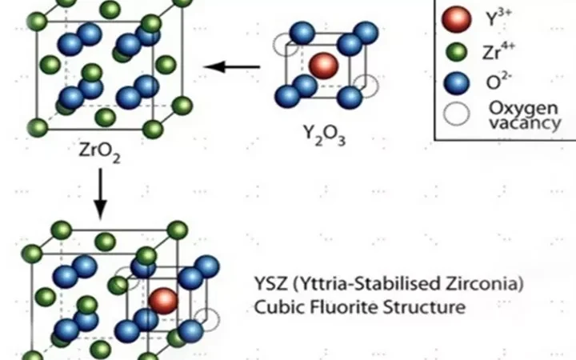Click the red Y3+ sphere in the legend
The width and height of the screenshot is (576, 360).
(456, 18)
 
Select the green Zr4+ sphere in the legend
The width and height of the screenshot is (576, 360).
(456, 52)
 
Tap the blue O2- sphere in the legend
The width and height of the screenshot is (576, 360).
(456, 83)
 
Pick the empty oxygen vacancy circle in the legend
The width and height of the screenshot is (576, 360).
(456, 114)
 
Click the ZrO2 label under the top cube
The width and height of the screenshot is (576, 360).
(99, 152)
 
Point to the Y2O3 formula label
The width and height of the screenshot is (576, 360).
(324, 135)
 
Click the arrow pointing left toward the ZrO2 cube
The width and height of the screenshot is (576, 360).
(232, 67)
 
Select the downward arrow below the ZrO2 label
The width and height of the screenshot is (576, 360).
(100, 194)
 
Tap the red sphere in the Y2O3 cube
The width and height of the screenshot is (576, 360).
(323, 66)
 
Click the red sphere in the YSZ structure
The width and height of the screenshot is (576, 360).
(163, 301)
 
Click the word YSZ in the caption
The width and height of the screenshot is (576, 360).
(270, 284)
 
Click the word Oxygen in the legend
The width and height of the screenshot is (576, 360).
(523, 109)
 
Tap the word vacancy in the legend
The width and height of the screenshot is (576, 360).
(525, 122)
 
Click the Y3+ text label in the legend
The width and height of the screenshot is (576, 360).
(499, 18)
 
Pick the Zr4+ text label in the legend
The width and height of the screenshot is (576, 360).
(498, 51)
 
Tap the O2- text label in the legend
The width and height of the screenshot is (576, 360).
(499, 82)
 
